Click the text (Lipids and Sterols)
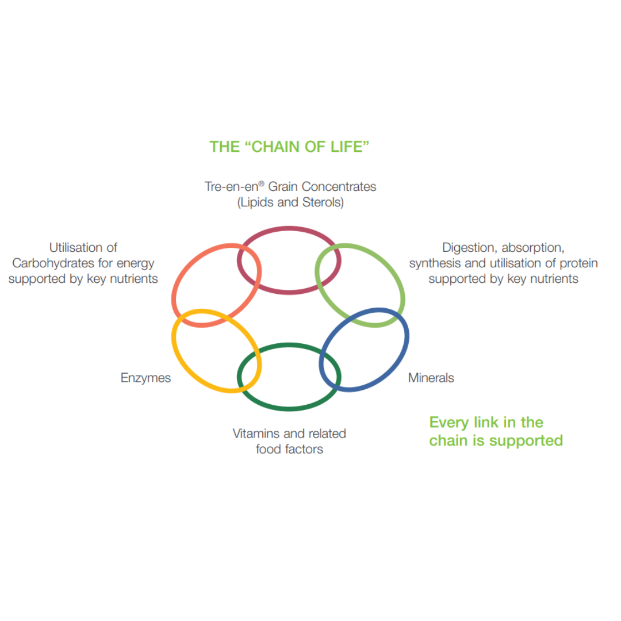(290, 203)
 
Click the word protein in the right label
(577, 263)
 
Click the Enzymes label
(145, 378)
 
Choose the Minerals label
(431, 378)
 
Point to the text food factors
(289, 448)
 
